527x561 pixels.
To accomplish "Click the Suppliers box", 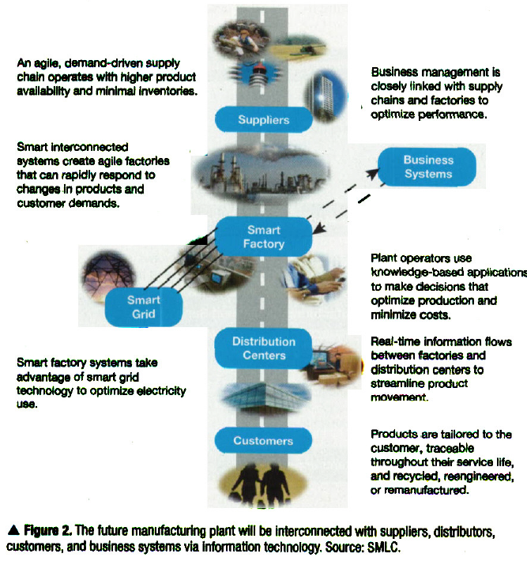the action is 264,119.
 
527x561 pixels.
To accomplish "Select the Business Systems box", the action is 427,167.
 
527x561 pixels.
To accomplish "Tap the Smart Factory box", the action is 264,236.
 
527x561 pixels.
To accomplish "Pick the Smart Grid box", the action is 144,307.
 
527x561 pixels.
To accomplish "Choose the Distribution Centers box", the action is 264,348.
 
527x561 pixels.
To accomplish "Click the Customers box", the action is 263,440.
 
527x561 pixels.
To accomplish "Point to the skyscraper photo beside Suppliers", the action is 325,96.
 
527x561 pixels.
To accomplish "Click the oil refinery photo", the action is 261,175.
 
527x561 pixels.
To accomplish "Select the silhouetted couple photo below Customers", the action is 262,486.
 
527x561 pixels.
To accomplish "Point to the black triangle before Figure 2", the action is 13,530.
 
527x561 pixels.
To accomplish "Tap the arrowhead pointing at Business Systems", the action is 372,174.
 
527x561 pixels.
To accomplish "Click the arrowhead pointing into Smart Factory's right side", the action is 318,228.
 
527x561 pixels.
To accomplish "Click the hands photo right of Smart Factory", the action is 317,277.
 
